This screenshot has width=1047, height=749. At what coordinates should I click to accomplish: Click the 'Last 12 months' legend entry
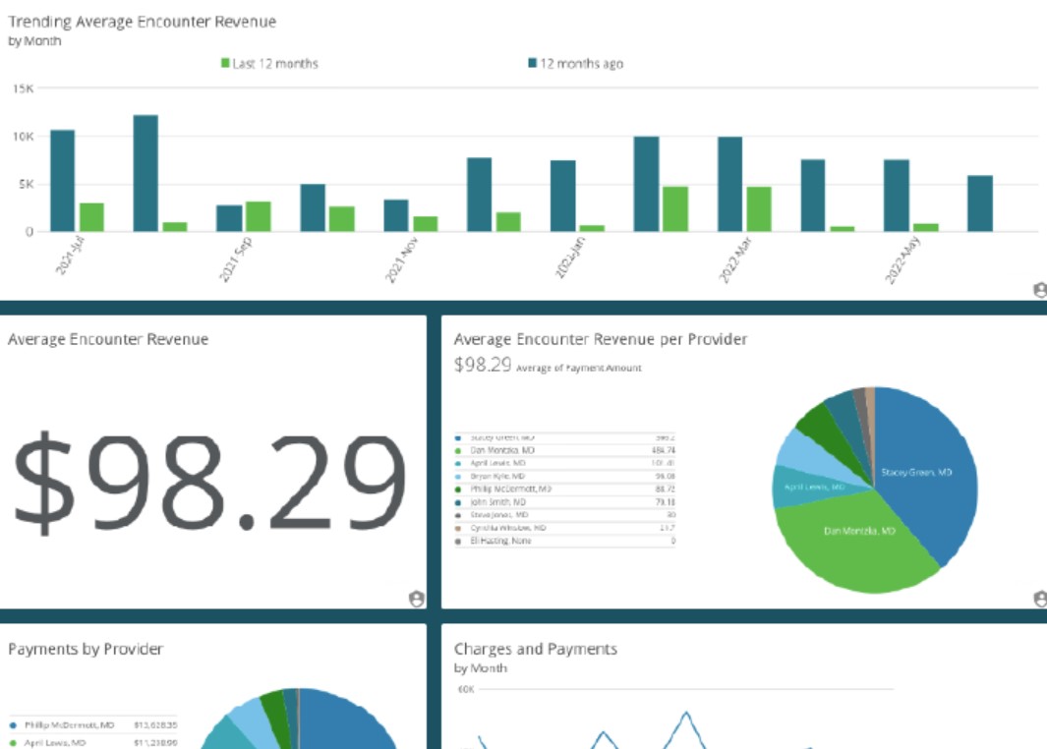pyautogui.click(x=269, y=64)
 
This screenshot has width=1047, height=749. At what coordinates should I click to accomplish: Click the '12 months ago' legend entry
pyautogui.click(x=576, y=64)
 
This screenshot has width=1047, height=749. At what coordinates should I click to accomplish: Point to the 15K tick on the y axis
pyautogui.click(x=23, y=88)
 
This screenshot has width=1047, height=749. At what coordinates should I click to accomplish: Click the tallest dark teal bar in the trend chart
pyautogui.click(x=145, y=173)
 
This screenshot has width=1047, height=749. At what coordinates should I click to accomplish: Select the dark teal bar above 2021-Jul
pyautogui.click(x=62, y=180)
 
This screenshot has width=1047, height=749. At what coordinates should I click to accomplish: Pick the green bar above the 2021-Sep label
pyautogui.click(x=259, y=216)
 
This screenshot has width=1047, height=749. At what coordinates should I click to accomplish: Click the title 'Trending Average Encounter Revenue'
pyautogui.click(x=142, y=21)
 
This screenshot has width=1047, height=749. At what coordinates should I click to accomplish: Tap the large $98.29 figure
pyautogui.click(x=208, y=481)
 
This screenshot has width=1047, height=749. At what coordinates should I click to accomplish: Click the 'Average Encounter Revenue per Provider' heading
pyautogui.click(x=600, y=339)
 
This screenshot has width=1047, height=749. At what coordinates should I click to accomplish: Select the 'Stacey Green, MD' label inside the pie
pyautogui.click(x=916, y=472)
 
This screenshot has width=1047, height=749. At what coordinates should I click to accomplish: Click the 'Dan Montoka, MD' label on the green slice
pyautogui.click(x=858, y=531)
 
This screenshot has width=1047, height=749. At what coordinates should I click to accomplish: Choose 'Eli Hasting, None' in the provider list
pyautogui.click(x=500, y=541)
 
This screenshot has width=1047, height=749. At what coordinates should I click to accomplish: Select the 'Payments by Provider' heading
pyautogui.click(x=86, y=649)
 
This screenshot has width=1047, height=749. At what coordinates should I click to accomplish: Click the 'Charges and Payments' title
pyautogui.click(x=535, y=649)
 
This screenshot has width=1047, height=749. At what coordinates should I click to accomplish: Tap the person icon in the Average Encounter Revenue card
pyautogui.click(x=416, y=599)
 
